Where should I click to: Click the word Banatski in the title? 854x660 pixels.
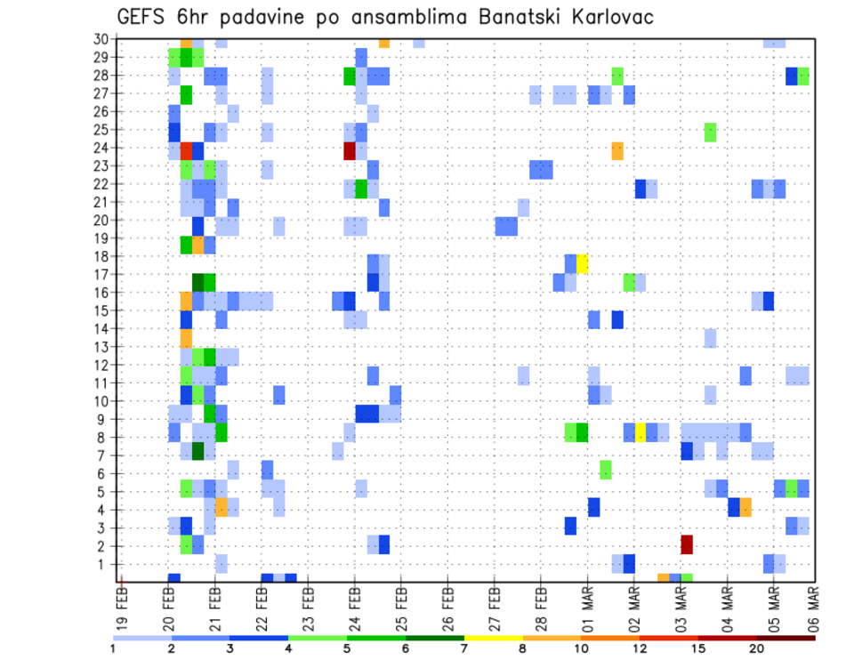[502, 17]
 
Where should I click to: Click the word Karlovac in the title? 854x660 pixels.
[606, 17]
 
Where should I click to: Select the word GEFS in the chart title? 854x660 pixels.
[144, 17]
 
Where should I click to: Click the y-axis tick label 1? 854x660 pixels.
[103, 564]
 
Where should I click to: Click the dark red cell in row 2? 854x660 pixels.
[687, 544]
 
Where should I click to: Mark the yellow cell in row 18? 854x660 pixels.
[582, 263]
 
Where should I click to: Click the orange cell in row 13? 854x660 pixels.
[186, 338]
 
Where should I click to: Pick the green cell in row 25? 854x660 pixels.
[710, 132]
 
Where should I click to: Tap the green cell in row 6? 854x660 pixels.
[605, 469]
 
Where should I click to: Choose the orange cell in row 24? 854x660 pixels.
[617, 151]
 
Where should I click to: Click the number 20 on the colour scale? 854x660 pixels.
[756, 648]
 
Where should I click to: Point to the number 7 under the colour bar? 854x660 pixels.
[464, 648]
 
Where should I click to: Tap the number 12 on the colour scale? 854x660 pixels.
[639, 648]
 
